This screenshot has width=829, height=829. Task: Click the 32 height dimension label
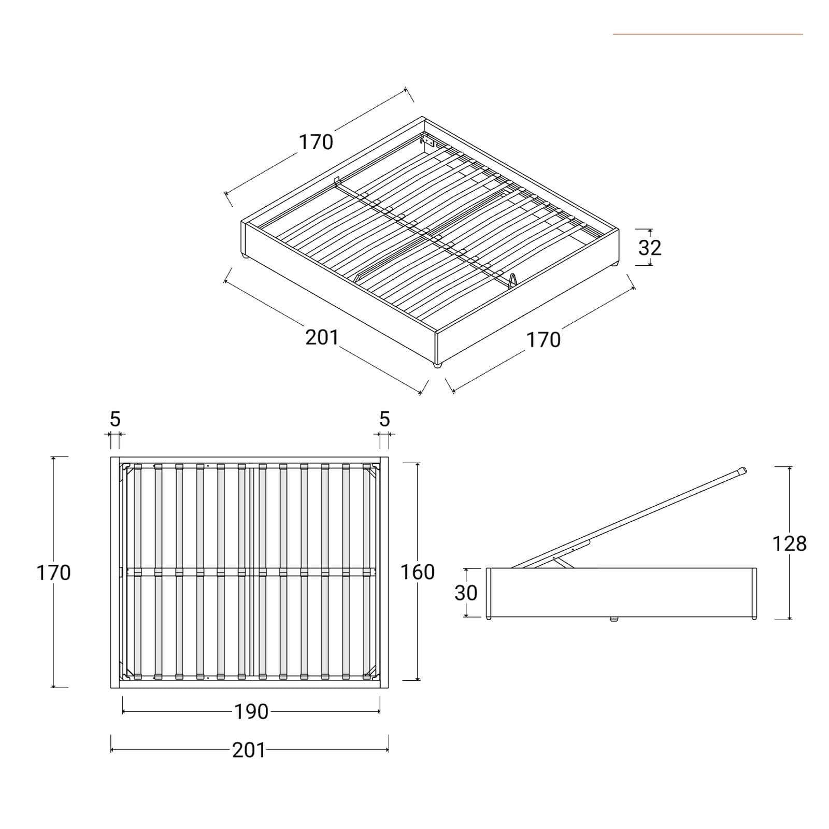[x=650, y=248]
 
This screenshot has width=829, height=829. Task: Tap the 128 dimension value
[x=789, y=544]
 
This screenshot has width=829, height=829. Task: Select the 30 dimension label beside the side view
[x=466, y=593]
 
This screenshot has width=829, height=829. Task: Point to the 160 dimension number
[x=417, y=572]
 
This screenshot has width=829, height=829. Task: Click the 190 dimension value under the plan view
[x=251, y=712]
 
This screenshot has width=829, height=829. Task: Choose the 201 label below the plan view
[x=249, y=750]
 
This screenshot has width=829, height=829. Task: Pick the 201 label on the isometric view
[x=322, y=337]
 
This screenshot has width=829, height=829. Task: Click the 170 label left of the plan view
[x=53, y=573]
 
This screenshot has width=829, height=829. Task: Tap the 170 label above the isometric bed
[x=316, y=142]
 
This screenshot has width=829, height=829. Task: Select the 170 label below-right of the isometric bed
[x=544, y=340]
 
